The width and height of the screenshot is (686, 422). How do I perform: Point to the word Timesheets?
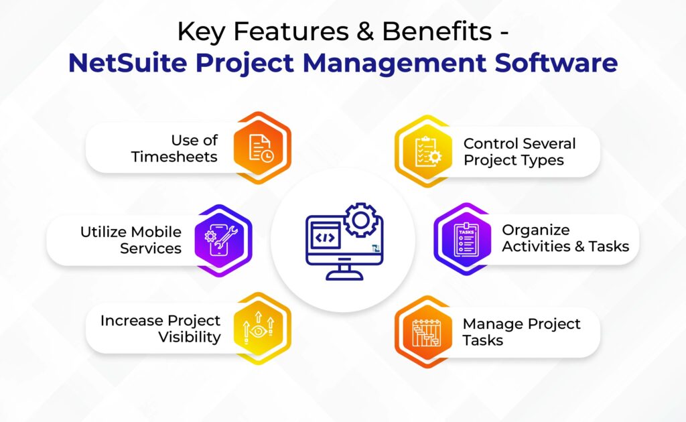coord(174,157)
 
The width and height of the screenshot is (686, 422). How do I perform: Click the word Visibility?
coord(190,337)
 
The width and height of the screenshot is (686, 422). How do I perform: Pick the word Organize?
coord(536,230)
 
